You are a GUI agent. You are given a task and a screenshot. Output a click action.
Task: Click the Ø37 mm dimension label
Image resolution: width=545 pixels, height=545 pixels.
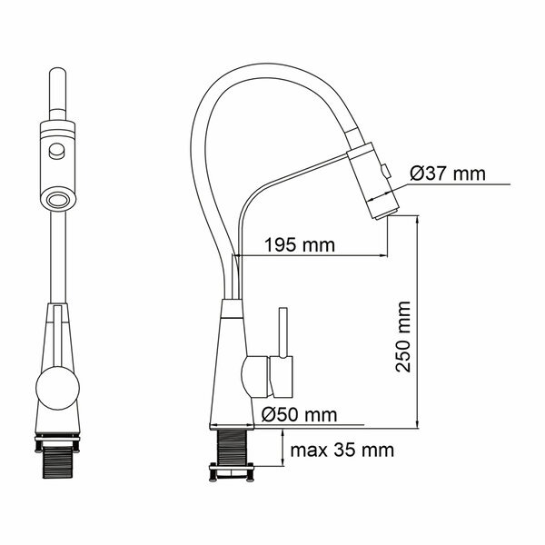point(447,173)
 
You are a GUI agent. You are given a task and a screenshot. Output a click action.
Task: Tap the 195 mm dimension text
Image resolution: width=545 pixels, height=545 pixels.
point(300,244)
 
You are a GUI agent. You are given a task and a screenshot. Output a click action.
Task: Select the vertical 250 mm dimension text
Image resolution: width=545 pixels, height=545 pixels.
point(403,336)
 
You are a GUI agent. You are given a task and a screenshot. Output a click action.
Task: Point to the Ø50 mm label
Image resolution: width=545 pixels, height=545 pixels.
point(300,414)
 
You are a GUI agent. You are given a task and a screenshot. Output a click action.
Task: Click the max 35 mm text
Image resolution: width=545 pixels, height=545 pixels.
point(342,451)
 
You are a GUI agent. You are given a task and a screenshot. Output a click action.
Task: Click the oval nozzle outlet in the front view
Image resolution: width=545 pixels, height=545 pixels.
point(58,201)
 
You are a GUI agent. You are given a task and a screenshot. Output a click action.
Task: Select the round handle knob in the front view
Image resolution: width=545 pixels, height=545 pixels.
point(58,388)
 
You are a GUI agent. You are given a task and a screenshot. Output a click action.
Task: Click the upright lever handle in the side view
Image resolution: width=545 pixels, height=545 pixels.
point(283,332)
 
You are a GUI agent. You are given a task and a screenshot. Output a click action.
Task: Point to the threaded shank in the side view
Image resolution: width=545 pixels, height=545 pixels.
point(232,447)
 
